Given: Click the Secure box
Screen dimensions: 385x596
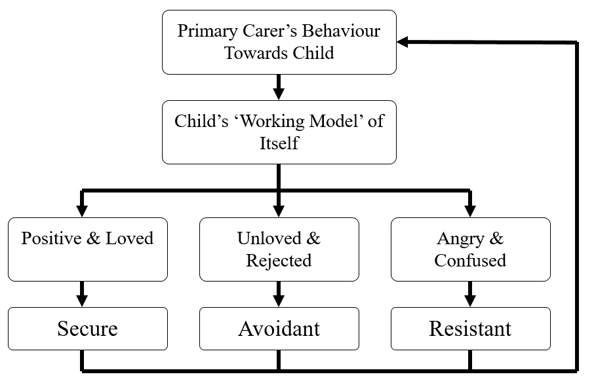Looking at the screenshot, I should [87, 329].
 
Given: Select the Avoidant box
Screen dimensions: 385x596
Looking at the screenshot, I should [279, 329].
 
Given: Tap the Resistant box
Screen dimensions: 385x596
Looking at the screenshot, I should [470, 329].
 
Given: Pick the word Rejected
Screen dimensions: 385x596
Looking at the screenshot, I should [279, 260].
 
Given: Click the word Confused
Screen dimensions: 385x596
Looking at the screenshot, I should [470, 260].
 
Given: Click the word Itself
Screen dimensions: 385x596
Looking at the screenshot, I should [279, 143].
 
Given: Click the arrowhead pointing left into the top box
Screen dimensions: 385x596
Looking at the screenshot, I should [403, 43].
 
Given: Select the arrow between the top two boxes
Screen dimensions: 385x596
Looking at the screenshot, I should [279, 86].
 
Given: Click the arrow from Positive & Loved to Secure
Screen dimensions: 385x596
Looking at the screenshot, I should [82, 294].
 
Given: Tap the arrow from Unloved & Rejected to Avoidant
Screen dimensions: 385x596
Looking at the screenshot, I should [279, 294].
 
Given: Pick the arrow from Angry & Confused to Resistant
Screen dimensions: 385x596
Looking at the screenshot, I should [470, 294].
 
